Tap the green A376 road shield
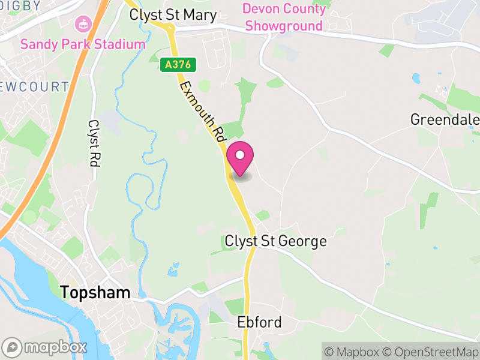pyautogui.click(x=173, y=64)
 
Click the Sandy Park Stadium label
pyautogui.click(x=82, y=44)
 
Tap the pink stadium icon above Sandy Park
pyautogui.click(x=82, y=26)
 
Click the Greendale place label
pyautogui.click(x=445, y=119)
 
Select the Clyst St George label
pyautogui.click(x=276, y=241)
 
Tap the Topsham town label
pyautogui.click(x=95, y=293)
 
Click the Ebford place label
pyautogui.click(x=259, y=322)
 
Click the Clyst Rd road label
pyautogui.click(x=94, y=143)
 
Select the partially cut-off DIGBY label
pyautogui.click(x=21, y=6)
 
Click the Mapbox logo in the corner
pyautogui.click(x=46, y=347)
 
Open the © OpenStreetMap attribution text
pyautogui.click(x=431, y=351)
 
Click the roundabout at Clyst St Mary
pyautogui.click(x=170, y=27)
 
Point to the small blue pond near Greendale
pyautogui.click(x=416, y=79)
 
